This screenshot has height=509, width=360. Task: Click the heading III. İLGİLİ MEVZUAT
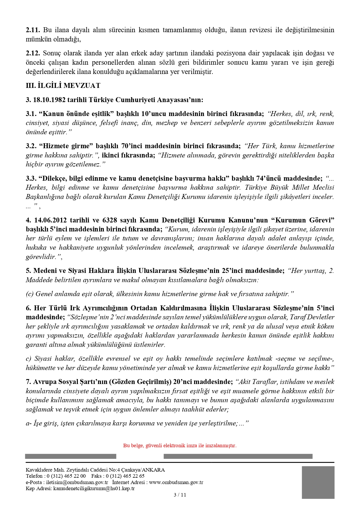coord(63,86)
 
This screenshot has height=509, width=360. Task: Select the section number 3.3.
coord(31,178)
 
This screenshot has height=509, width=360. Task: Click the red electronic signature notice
coord(180,445)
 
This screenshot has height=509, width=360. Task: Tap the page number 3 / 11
coord(180,495)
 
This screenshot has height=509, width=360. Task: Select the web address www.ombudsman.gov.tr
coord(176,482)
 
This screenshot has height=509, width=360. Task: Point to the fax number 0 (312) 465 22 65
coord(125,476)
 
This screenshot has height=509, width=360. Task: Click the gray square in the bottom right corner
coord(318,482)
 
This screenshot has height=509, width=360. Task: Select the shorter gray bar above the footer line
coord(70,456)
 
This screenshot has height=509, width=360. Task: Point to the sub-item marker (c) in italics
coord(30,294)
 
